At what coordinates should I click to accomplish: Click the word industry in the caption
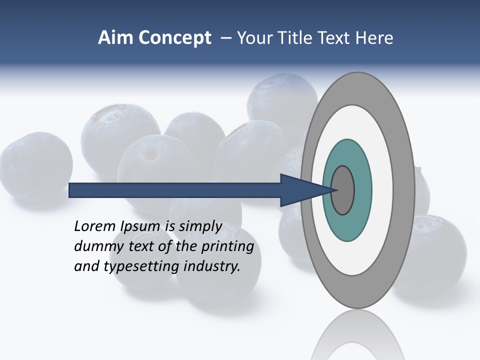[x=212, y=266]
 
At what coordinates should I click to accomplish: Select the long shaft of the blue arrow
[x=175, y=190]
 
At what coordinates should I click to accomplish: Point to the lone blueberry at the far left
[x=35, y=165]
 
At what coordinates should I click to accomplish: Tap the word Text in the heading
[x=334, y=38]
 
